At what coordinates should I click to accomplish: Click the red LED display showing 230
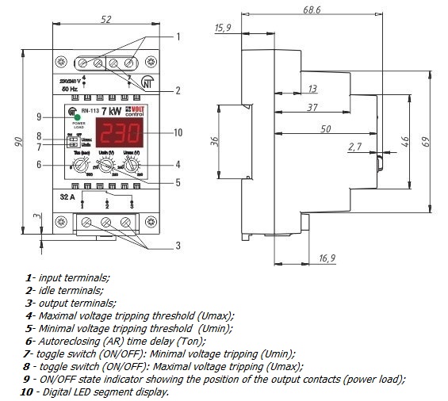click(118, 132)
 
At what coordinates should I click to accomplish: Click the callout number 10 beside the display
click(177, 132)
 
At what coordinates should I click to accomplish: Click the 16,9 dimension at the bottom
click(327, 258)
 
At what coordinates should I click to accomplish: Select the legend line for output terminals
click(71, 303)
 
